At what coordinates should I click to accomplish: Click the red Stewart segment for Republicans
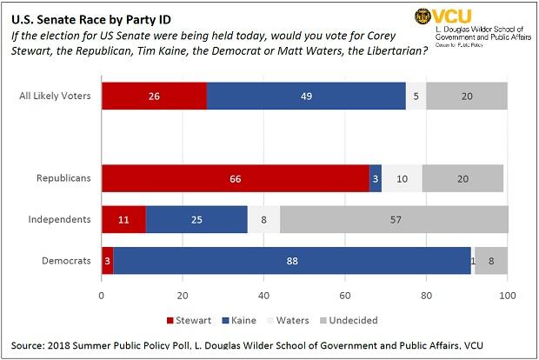click(235, 177)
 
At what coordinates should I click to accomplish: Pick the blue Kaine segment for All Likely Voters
click(306, 96)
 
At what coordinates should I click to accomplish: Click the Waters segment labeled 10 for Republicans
click(402, 177)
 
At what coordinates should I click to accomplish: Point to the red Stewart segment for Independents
click(123, 219)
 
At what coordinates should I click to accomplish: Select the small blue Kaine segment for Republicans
click(376, 177)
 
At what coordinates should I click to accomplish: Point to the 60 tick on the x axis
click(345, 294)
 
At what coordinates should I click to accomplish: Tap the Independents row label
click(63, 219)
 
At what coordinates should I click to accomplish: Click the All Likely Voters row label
click(54, 96)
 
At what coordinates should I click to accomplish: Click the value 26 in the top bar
click(154, 96)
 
